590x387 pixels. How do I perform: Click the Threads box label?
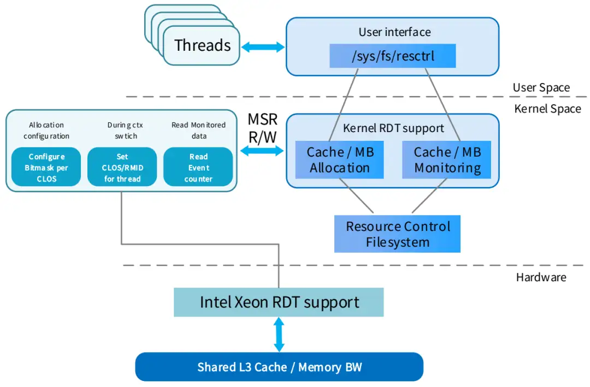point(202,46)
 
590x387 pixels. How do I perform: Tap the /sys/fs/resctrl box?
point(392,56)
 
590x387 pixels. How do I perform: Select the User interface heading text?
point(394,32)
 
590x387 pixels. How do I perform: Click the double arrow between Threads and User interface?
point(263,47)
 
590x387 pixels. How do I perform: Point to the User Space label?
point(541,87)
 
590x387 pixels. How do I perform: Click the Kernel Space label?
point(547,109)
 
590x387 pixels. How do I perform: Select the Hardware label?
point(541,277)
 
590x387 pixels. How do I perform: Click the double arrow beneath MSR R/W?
point(263,151)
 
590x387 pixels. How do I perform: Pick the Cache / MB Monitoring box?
point(447,160)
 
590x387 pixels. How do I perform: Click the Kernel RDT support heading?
point(393,129)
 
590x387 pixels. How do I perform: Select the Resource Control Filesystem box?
point(397,234)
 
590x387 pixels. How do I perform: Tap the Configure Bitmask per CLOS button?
point(46,168)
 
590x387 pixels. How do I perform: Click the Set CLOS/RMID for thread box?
point(122,168)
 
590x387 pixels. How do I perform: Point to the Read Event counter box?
point(198,168)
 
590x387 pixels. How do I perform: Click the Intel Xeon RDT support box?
point(279,302)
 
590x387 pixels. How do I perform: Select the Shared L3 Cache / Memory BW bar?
point(279,367)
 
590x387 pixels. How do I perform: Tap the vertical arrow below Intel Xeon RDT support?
point(279,335)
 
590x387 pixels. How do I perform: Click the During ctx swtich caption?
point(122,130)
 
